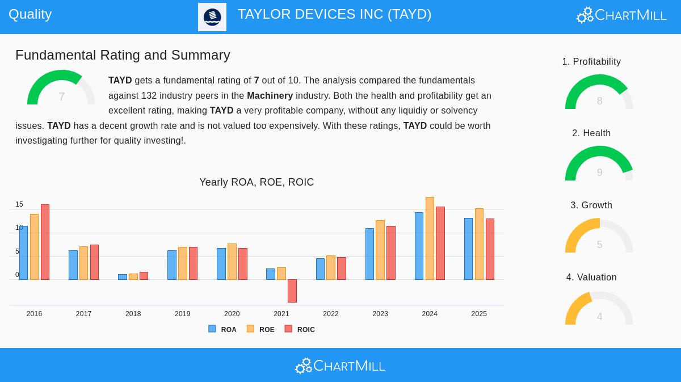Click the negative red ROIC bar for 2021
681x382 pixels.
pos(292,291)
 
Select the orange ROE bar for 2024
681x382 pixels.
pos(430,238)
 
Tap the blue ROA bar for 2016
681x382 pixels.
pos(23,253)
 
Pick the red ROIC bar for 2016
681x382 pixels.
pos(45,242)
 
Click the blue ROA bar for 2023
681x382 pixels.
pos(369,254)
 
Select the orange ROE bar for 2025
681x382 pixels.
pos(479,244)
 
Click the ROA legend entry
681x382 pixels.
pos(222,329)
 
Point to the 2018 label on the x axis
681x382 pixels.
pos(133,314)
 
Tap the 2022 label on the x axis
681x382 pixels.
pos(330,314)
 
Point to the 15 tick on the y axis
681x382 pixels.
pos(19,204)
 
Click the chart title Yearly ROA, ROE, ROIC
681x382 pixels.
pos(257,182)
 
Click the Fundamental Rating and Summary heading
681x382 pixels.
pos(123,55)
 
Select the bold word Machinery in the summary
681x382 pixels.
pos(270,96)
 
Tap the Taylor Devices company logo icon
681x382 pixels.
pos(212,17)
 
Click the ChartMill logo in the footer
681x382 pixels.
pos(340,366)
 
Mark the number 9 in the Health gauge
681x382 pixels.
pos(599,173)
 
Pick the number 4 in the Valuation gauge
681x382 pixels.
pos(599,317)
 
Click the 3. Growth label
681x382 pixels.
pos(591,205)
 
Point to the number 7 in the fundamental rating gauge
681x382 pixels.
pos(61,97)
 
